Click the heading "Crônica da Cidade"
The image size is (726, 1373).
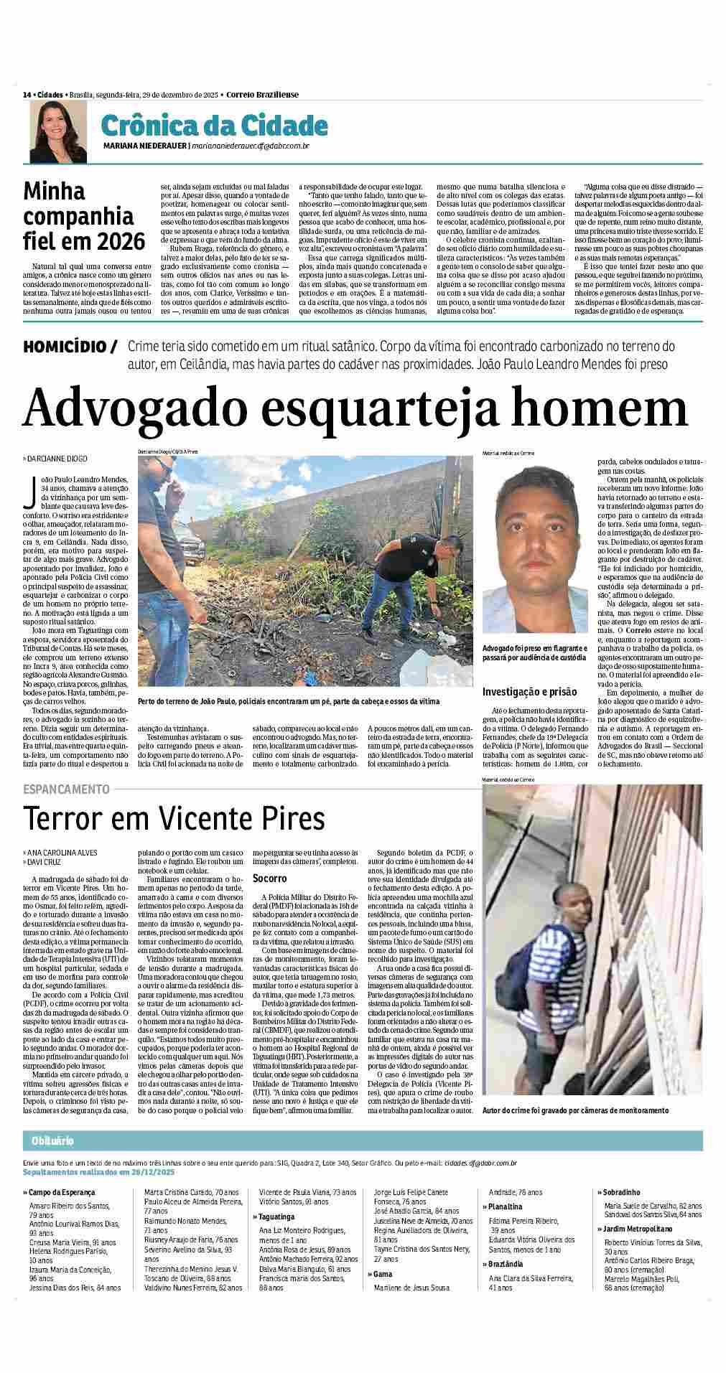tap(214, 126)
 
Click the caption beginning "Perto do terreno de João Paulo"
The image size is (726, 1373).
tap(288, 700)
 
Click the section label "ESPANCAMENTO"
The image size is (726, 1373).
tap(66, 789)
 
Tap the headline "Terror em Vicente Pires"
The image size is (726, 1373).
tap(174, 818)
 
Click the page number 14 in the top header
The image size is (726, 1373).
tap(27, 94)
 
